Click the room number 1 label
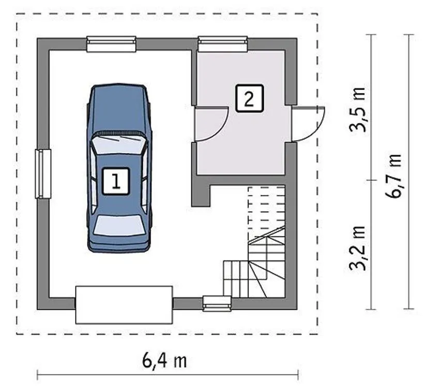(x=116, y=181)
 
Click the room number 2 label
(x=249, y=99)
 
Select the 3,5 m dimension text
(x=358, y=109)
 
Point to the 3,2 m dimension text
(x=358, y=248)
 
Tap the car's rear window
(x=118, y=225)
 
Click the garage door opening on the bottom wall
(x=124, y=305)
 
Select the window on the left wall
(x=43, y=174)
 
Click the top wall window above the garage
(x=111, y=44)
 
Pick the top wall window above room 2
(x=223, y=44)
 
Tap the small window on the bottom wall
(x=217, y=303)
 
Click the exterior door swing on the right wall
(x=309, y=124)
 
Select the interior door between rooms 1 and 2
(x=211, y=124)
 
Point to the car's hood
(x=118, y=109)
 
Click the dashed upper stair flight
(x=267, y=207)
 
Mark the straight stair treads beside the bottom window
(x=236, y=279)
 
